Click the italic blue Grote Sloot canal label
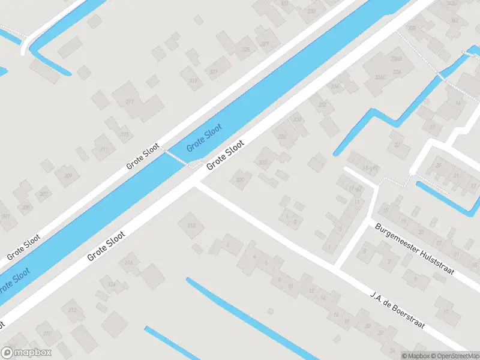coord(204,137)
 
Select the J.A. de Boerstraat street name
coord(398,309)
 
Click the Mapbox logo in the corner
coord(26,353)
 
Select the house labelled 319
coord(193,80)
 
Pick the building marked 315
coord(124,134)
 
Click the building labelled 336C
coord(379,77)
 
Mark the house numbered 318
coord(191,226)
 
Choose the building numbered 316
coord(128,263)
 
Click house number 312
coord(73,310)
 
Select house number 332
coord(323,105)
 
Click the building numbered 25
coord(439,165)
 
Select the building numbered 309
coord(67,176)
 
